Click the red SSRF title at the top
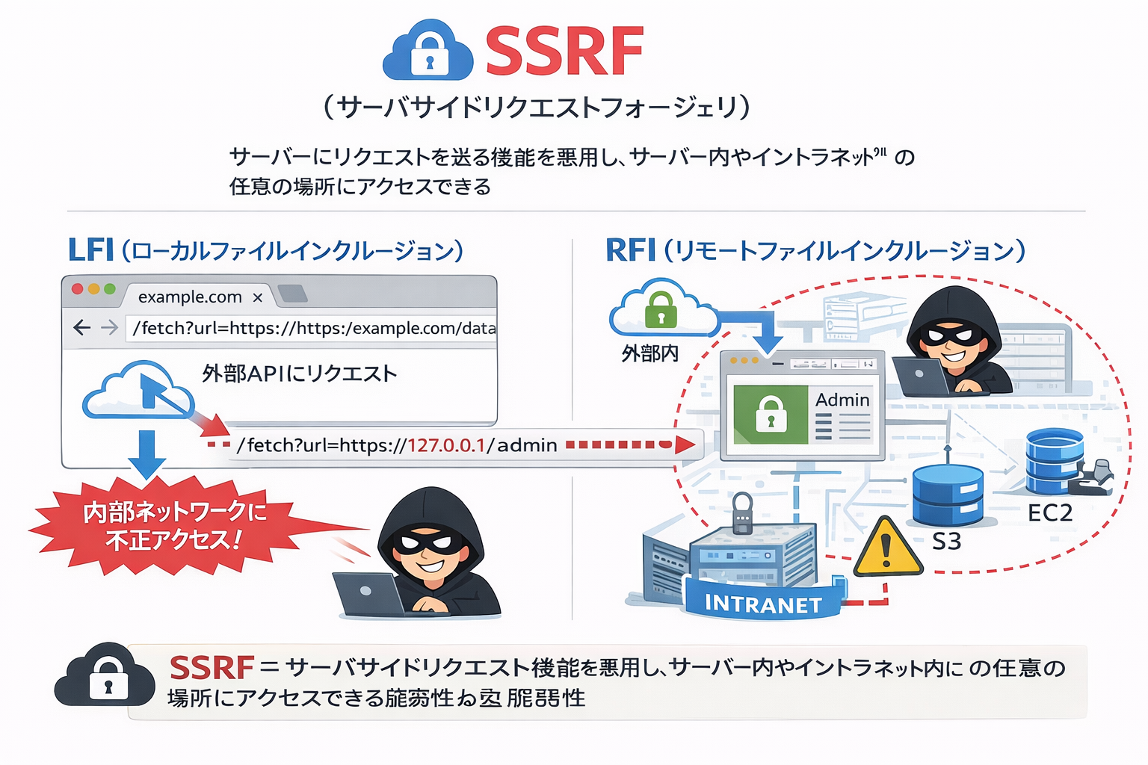564,51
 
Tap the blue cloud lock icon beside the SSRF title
428,52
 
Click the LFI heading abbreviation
90,250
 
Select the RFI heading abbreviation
630,250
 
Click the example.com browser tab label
190,297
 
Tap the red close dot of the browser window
77,289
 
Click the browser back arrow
82,327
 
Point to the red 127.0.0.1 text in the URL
446,445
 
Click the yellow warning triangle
887,549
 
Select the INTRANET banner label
763,604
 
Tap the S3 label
946,541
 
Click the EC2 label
1049,512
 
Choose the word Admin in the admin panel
842,400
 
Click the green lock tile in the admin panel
771,414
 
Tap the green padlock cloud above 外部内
661,309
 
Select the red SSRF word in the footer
212,667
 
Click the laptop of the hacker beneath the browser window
368,593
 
